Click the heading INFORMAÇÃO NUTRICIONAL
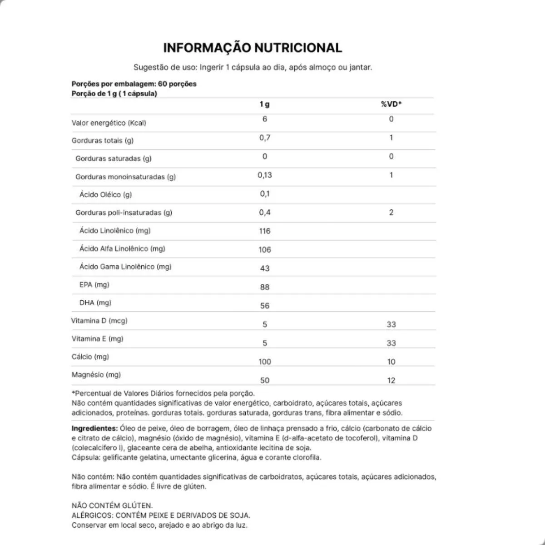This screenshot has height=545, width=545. [x=253, y=48]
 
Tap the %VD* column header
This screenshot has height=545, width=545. [x=391, y=104]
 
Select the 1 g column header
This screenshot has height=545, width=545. [x=264, y=104]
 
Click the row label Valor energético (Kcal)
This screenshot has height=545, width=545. [x=109, y=123]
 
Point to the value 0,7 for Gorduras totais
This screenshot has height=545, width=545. [x=265, y=138]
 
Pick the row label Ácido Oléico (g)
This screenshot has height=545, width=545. [x=105, y=194]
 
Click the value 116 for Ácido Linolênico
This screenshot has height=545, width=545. [x=265, y=231]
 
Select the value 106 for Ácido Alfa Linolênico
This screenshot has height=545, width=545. [x=265, y=250]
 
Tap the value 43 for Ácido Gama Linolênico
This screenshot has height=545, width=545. [x=265, y=268]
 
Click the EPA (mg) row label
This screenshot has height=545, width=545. [x=94, y=285]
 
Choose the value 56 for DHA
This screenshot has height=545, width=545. [x=265, y=306]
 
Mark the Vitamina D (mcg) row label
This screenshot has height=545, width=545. [x=99, y=321]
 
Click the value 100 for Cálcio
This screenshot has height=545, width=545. [x=265, y=362]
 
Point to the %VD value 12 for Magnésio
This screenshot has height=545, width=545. [x=391, y=381]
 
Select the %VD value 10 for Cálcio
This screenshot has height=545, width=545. [x=391, y=362]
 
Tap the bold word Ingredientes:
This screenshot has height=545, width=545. [x=94, y=428]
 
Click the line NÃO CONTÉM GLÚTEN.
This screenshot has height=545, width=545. [x=112, y=505]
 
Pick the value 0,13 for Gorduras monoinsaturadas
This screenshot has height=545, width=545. [x=265, y=175]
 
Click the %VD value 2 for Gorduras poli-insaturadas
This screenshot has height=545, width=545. [x=391, y=212]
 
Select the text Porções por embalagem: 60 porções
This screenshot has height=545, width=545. [x=134, y=84]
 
